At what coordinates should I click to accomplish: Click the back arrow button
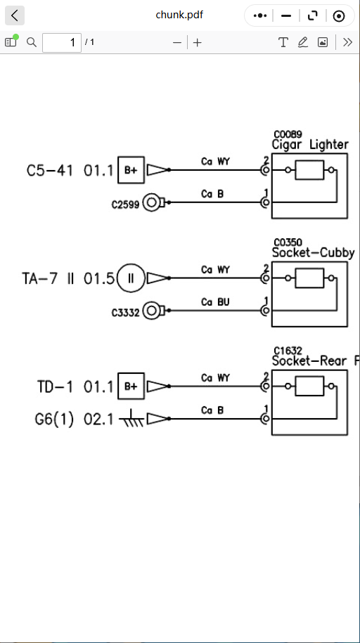pyautogui.click(x=15, y=15)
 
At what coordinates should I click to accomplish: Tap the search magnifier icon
pyautogui.click(x=32, y=42)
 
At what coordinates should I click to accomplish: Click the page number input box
pyautogui.click(x=62, y=42)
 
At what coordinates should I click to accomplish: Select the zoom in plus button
pyautogui.click(x=198, y=42)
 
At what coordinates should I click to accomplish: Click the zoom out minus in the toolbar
pyautogui.click(x=177, y=42)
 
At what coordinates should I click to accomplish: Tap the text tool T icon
pyautogui.click(x=283, y=42)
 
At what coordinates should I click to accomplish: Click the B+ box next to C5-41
pyautogui.click(x=131, y=170)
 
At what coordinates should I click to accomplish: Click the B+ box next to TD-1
pyautogui.click(x=131, y=386)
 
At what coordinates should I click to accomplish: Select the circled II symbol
pyautogui.click(x=131, y=278)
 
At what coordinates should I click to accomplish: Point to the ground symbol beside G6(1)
pyautogui.click(x=131, y=418)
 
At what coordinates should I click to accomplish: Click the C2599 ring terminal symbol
pyautogui.click(x=153, y=202)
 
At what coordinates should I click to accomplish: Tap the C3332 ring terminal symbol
pyautogui.click(x=153, y=311)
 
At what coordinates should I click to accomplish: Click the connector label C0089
pyautogui.click(x=288, y=134)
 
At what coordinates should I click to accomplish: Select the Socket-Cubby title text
pyautogui.click(x=313, y=252)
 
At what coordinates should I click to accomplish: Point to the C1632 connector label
pyautogui.click(x=288, y=351)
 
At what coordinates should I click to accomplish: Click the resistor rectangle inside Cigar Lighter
pyautogui.click(x=309, y=170)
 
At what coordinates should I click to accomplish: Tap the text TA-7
pyautogui.click(x=39, y=278)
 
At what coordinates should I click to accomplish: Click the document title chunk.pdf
pyautogui.click(x=179, y=15)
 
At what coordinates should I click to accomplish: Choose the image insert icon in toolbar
pyautogui.click(x=323, y=42)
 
